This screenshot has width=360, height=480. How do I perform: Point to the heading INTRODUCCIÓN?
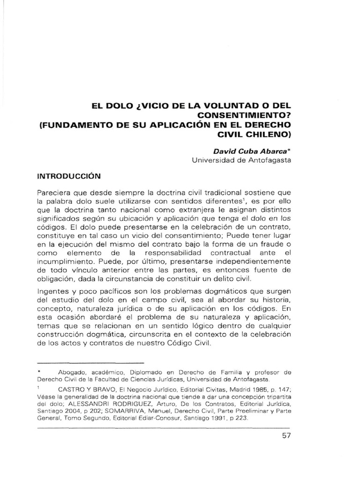click(69, 177)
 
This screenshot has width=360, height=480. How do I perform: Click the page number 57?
click(285, 435)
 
